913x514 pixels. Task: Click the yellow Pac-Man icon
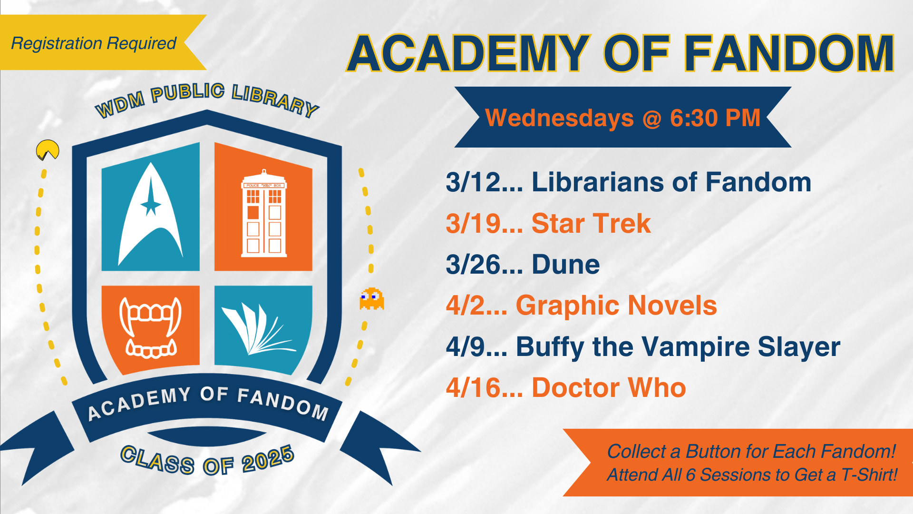[x=48, y=150]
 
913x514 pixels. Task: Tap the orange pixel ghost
[x=371, y=298]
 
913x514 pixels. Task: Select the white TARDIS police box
[x=264, y=213]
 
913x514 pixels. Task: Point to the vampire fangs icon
[x=150, y=327]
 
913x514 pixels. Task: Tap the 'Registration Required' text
[x=94, y=43]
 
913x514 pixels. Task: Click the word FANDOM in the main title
[x=789, y=53]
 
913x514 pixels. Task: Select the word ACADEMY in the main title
[x=469, y=53]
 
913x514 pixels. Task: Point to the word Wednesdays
[x=559, y=118]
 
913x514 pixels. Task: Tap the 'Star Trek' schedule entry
[x=591, y=223]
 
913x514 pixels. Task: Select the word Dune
[x=566, y=265]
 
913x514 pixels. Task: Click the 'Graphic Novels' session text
[x=616, y=306]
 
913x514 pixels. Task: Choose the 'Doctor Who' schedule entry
[x=609, y=387]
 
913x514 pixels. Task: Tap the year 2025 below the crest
[x=268, y=459]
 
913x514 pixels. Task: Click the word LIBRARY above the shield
[x=275, y=100]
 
